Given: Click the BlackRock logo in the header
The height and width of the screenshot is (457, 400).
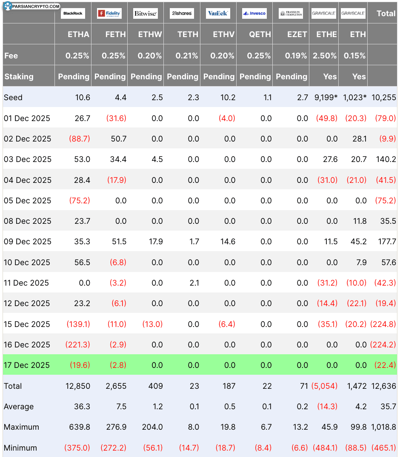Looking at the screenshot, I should [x=73, y=14].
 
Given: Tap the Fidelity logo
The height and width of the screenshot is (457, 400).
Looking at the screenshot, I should [x=109, y=14].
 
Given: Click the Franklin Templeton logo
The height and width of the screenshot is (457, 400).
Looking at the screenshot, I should [x=291, y=14].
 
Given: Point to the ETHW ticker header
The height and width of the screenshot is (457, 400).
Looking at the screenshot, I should [x=150, y=35].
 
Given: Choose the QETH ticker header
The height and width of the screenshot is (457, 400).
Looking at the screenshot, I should [x=259, y=35].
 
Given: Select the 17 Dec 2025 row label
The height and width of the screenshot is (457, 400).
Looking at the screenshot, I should [x=27, y=365].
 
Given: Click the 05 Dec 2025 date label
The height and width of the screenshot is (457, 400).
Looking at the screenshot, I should [x=27, y=201].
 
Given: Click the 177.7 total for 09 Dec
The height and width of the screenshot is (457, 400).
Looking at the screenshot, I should [x=387, y=242].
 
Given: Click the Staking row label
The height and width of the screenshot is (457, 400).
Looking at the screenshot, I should [x=19, y=77].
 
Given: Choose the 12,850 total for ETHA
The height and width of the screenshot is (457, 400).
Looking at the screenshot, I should [x=78, y=386].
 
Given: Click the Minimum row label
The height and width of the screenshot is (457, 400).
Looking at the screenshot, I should [x=20, y=448].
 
